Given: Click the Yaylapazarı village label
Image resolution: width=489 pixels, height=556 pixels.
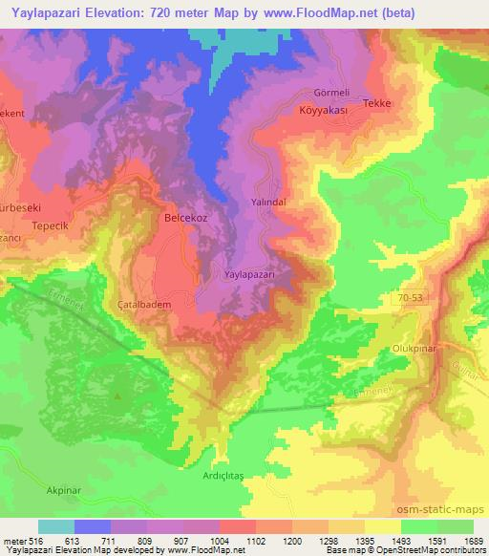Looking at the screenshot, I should [249, 274].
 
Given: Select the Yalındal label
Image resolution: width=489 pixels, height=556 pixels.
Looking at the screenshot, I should [267, 203].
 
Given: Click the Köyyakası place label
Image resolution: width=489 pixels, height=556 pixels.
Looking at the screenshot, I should [321, 111].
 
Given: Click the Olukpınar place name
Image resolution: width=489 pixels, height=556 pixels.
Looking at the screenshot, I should [414, 349].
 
